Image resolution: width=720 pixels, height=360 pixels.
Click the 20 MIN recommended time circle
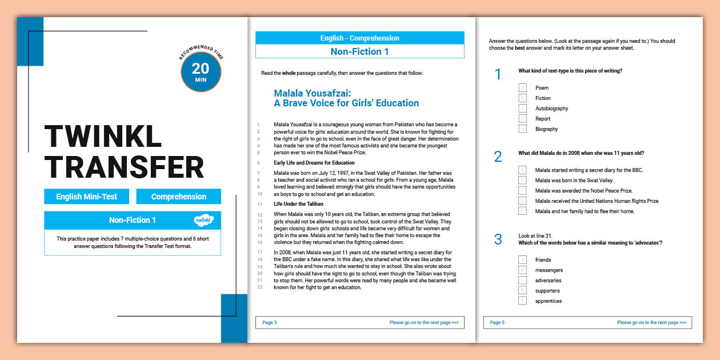pos(201,72)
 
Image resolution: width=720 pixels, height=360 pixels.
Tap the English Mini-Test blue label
pos(86,197)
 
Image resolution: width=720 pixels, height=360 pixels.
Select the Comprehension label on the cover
pos(178,197)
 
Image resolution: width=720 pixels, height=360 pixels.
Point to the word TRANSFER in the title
pos(124,167)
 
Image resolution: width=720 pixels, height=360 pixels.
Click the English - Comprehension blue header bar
pos(359,38)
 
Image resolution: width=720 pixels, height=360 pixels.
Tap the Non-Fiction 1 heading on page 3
pos(359,51)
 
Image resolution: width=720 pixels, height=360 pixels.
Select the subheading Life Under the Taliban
pos(298,204)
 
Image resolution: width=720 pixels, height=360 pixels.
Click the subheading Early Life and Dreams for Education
pos(314,163)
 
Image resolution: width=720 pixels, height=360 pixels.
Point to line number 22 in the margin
pos(259,287)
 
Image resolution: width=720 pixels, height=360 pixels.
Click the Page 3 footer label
pos(269,323)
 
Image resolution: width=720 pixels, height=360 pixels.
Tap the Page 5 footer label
pos(497,323)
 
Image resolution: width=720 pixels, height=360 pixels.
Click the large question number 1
pos(498,74)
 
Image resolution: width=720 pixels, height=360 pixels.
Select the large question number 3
pos(498,239)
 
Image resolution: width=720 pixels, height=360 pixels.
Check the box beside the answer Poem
pos(522,87)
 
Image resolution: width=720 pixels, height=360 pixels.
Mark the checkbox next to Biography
pos(522,129)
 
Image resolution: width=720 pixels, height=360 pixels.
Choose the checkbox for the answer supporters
pos(522,290)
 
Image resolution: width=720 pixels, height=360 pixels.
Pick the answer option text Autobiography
pos(551,109)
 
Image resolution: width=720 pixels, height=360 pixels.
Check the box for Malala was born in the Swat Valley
pos(522,180)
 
